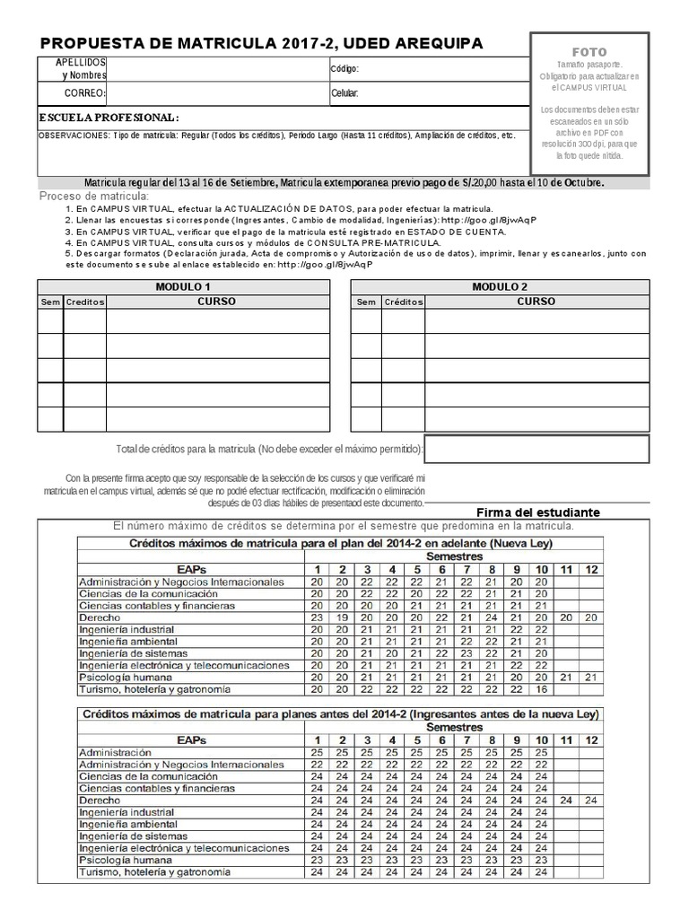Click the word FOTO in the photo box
tap(589, 53)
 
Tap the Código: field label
tap(344, 68)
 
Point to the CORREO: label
tap(85, 93)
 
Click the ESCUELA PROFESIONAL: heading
tap(109, 118)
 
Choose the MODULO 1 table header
tap(183, 286)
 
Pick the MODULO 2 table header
tap(500, 286)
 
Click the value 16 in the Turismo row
tap(541, 689)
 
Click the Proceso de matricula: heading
tap(95, 197)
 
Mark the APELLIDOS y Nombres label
tap(83, 68)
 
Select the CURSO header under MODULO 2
tap(536, 302)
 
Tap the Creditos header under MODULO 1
tap(85, 302)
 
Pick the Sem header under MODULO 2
tap(366, 302)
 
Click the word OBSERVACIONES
tap(74, 136)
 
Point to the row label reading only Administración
tap(115, 752)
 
